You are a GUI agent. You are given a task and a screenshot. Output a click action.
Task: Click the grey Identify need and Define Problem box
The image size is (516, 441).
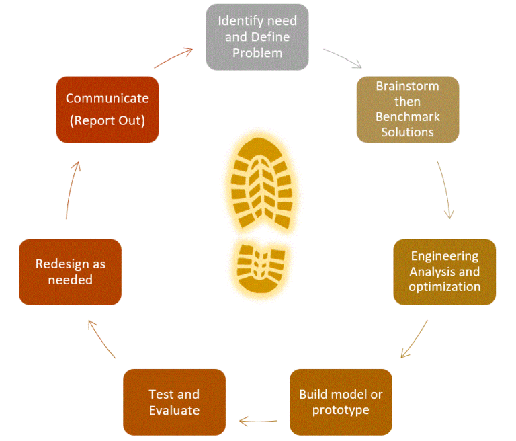[257, 36]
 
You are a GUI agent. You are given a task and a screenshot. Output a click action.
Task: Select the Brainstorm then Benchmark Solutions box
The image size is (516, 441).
[407, 109]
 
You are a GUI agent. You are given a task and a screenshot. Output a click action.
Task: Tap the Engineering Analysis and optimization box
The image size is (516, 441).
[445, 272]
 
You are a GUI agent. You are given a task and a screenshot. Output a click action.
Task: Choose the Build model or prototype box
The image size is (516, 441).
[341, 401]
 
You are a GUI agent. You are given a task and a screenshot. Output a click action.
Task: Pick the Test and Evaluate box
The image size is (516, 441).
[174, 401]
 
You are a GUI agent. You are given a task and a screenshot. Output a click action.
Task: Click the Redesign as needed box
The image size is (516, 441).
[70, 272]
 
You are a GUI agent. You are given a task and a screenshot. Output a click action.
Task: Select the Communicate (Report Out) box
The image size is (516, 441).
[107, 109]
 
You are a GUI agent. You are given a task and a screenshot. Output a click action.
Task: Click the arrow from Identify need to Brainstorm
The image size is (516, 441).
[343, 58]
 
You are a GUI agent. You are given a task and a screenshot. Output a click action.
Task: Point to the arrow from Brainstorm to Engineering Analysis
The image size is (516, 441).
[445, 190]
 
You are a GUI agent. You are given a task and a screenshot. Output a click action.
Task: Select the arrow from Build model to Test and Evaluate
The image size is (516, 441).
[258, 422]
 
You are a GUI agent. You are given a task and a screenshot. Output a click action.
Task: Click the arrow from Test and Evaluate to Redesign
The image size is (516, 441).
[101, 339]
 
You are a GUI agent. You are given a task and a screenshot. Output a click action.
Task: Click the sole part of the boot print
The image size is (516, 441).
[260, 184]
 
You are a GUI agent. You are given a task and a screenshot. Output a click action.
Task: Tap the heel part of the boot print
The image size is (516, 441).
[261, 265]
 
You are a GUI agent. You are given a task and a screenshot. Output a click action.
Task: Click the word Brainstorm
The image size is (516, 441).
[407, 86]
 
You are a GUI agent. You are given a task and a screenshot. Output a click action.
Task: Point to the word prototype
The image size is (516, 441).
[341, 409]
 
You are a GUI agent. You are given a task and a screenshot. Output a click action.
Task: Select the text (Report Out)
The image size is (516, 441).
[107, 120]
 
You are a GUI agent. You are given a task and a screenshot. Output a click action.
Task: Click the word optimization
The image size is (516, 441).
[445, 286]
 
